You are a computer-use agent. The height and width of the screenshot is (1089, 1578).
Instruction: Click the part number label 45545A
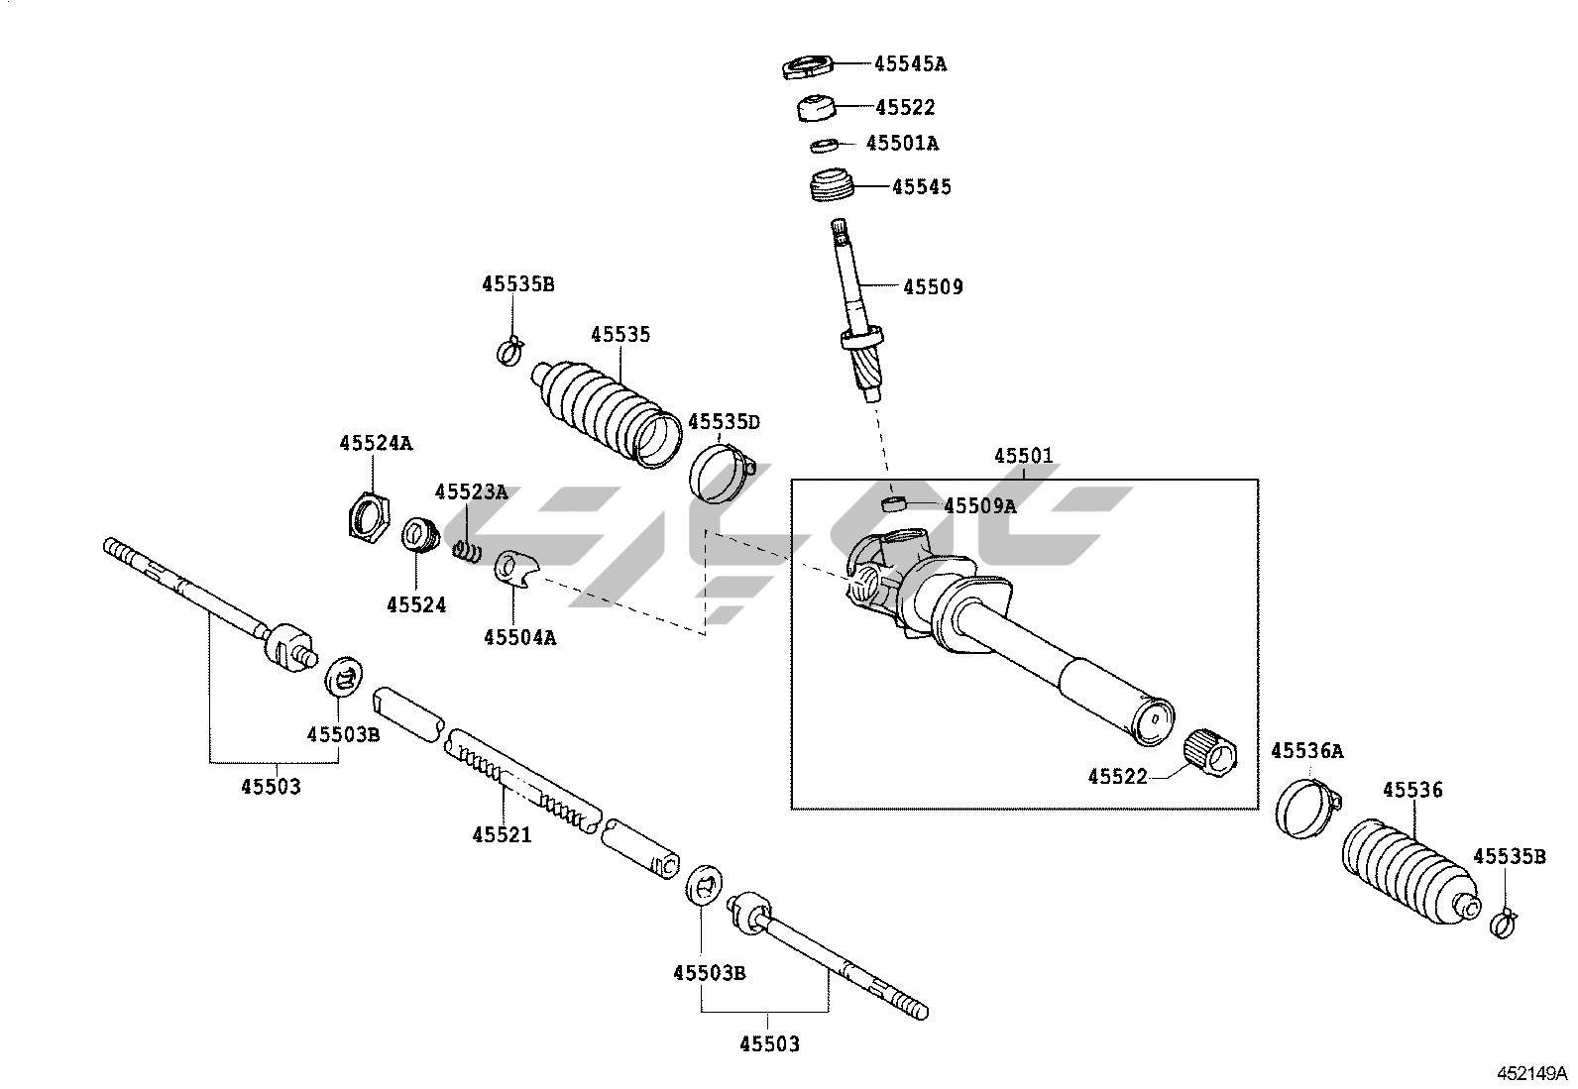(910, 64)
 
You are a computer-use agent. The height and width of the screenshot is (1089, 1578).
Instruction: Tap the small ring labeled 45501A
(823, 145)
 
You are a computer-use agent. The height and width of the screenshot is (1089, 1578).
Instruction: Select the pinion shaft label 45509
(933, 286)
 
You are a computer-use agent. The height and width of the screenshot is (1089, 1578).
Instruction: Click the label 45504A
(520, 637)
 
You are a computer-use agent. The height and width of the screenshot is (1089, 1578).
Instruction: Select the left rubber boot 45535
(606, 413)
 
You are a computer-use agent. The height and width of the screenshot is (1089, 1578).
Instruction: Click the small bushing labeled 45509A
(893, 503)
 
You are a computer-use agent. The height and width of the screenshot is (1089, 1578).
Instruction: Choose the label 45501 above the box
(1024, 456)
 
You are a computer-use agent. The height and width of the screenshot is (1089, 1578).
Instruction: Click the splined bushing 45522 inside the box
(1211, 754)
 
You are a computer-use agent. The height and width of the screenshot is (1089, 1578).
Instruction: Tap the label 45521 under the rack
(502, 834)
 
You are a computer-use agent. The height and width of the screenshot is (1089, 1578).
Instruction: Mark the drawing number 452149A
(1531, 1073)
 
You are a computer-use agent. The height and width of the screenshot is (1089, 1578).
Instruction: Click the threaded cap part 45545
(830, 185)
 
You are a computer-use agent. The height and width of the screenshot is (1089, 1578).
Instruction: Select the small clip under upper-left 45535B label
(510, 350)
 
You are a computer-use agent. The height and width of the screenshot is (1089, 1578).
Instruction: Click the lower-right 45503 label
(769, 1044)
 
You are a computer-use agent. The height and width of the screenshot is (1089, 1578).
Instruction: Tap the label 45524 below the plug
(416, 605)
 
